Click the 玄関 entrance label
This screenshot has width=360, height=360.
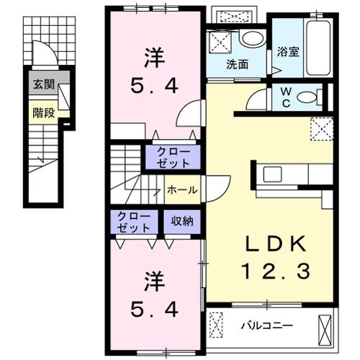point(44,84)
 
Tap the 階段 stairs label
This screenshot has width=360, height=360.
point(44,113)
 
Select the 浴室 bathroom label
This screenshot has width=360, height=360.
point(288,52)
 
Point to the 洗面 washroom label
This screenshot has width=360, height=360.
point(238,64)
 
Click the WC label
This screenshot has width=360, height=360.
point(287,97)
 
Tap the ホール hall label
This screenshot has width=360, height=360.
point(182,190)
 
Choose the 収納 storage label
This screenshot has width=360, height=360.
point(182,221)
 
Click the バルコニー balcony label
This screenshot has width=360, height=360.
point(267,325)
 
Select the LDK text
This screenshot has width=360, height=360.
point(275,244)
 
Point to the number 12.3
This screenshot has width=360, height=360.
point(276,271)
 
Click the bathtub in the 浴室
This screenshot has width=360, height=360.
point(318,48)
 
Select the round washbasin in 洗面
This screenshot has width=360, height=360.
point(253,39)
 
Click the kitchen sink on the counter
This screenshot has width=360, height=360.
point(273,174)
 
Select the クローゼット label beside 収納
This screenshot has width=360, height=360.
point(133,222)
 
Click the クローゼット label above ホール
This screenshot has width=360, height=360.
point(173,158)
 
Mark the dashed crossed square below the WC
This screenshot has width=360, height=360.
point(322,129)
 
